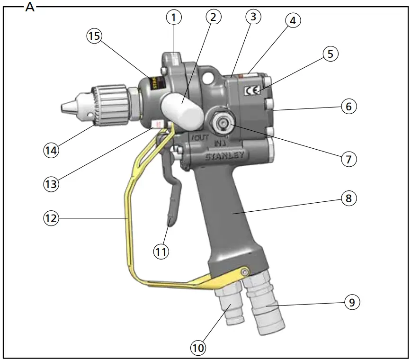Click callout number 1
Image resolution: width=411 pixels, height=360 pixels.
[174, 18]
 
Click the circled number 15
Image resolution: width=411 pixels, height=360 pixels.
[95, 36]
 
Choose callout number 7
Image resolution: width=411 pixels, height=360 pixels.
[348, 158]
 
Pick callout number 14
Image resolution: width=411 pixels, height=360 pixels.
[51, 150]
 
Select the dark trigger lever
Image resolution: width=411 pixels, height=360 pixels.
[170, 189]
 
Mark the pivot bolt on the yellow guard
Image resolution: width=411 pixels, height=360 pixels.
[245, 272]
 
